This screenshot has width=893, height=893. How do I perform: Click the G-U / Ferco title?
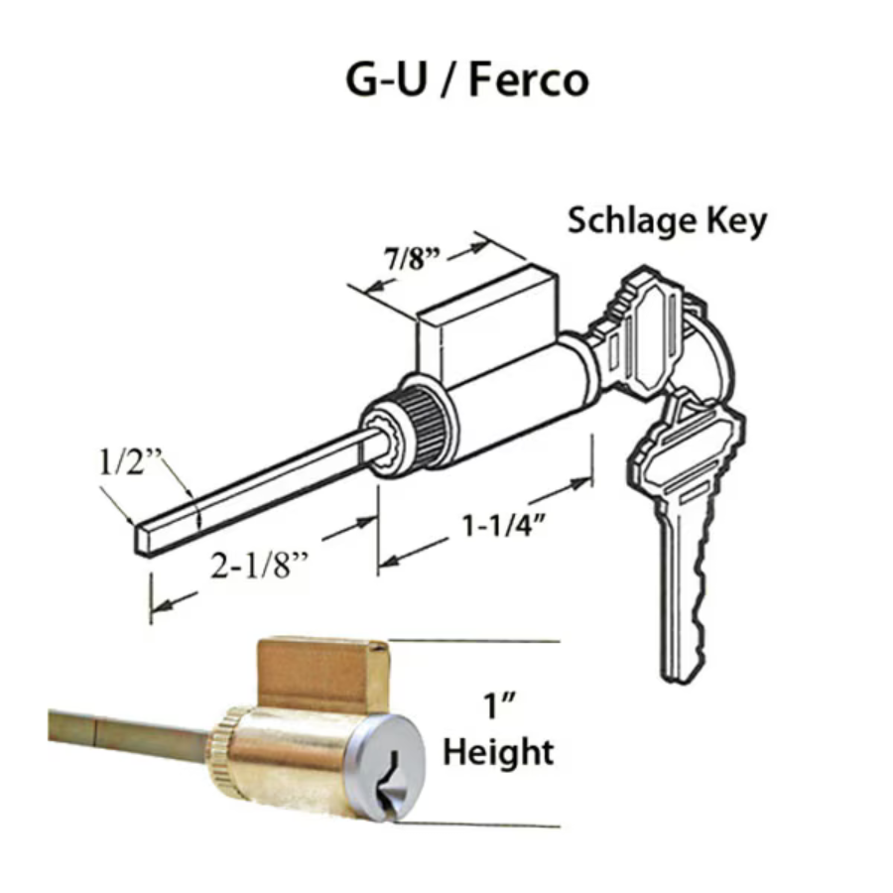click(467, 80)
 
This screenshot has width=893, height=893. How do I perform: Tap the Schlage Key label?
click(667, 221)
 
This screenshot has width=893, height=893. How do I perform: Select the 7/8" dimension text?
click(412, 259)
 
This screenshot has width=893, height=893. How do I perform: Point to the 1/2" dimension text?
click(130, 462)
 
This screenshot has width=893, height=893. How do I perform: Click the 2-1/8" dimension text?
click(259, 566)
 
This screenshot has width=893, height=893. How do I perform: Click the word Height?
click(498, 752)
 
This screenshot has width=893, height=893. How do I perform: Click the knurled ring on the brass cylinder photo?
click(220, 747)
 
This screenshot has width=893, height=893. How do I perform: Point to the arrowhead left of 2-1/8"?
click(163, 605)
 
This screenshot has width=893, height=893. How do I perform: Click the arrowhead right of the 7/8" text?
click(478, 246)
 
